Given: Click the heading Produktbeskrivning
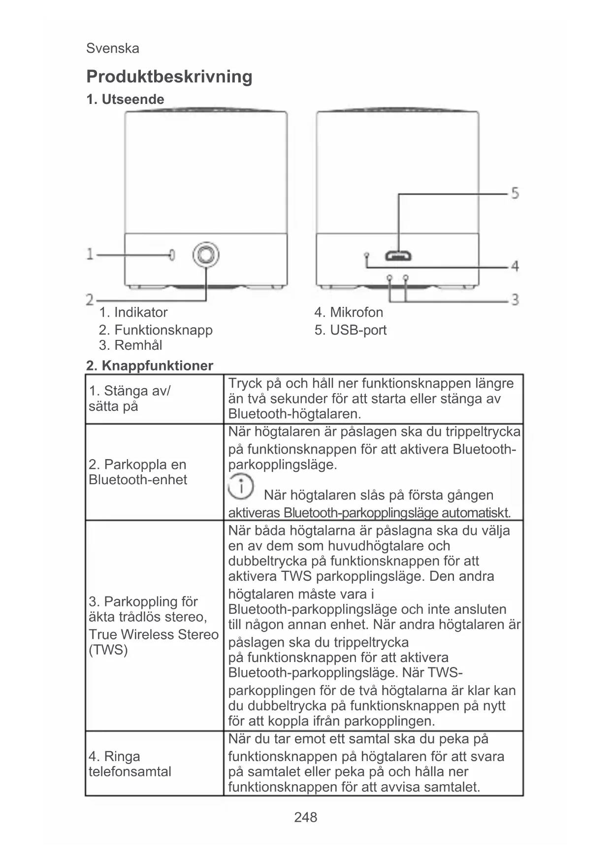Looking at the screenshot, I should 169,77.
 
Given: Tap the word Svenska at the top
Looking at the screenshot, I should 112,48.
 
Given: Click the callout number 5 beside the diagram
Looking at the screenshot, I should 515,193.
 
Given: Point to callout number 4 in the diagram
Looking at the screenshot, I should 515,266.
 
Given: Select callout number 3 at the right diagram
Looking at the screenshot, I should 515,299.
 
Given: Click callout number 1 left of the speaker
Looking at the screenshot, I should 90,254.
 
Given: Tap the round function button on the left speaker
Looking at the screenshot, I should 206,255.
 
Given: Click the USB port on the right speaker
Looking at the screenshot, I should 398,256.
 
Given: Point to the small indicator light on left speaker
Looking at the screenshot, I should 171,255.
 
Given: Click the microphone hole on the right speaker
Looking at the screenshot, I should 366,255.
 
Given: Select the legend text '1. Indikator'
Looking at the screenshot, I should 133,312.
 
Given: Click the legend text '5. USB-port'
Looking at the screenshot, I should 351,330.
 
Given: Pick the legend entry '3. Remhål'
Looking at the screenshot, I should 130,345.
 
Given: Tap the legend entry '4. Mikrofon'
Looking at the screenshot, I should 349,312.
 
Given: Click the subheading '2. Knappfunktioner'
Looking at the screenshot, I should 150,366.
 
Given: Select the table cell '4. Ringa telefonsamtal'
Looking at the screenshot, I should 129,764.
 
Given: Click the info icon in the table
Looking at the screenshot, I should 241,486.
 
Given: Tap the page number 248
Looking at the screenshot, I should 305,817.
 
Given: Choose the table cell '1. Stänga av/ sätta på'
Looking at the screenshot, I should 129,399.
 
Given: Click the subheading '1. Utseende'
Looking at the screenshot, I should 125,100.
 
